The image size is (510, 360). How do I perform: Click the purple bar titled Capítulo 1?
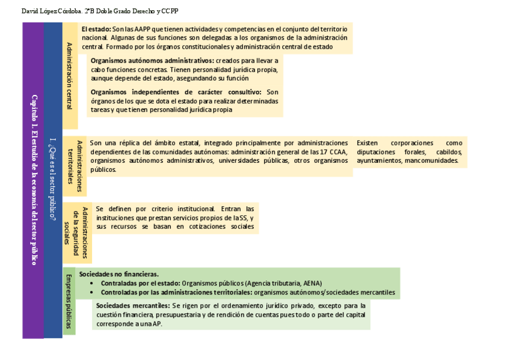click(34, 180)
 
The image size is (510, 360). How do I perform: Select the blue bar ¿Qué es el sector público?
click(54, 180)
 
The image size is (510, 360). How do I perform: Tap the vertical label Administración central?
click(70, 76)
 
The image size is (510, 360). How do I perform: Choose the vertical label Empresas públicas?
click(69, 301)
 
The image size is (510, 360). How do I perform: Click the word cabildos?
click(449, 152)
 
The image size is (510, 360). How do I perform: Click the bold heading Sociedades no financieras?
click(118, 274)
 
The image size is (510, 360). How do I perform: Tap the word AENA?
click(313, 283)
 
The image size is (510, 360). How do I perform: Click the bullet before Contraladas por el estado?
click(91, 283)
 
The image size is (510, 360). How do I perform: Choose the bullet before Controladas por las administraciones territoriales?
click(91, 293)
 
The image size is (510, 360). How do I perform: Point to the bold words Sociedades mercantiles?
click(132, 305)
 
